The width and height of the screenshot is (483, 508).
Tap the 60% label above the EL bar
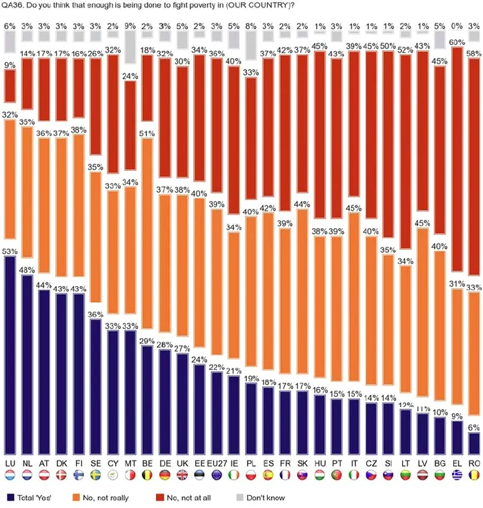tap(455, 42)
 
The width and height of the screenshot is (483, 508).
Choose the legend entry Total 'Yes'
tap(34, 497)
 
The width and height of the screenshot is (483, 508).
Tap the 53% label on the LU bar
tap(10, 251)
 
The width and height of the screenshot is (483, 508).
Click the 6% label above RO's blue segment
tap(473, 428)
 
